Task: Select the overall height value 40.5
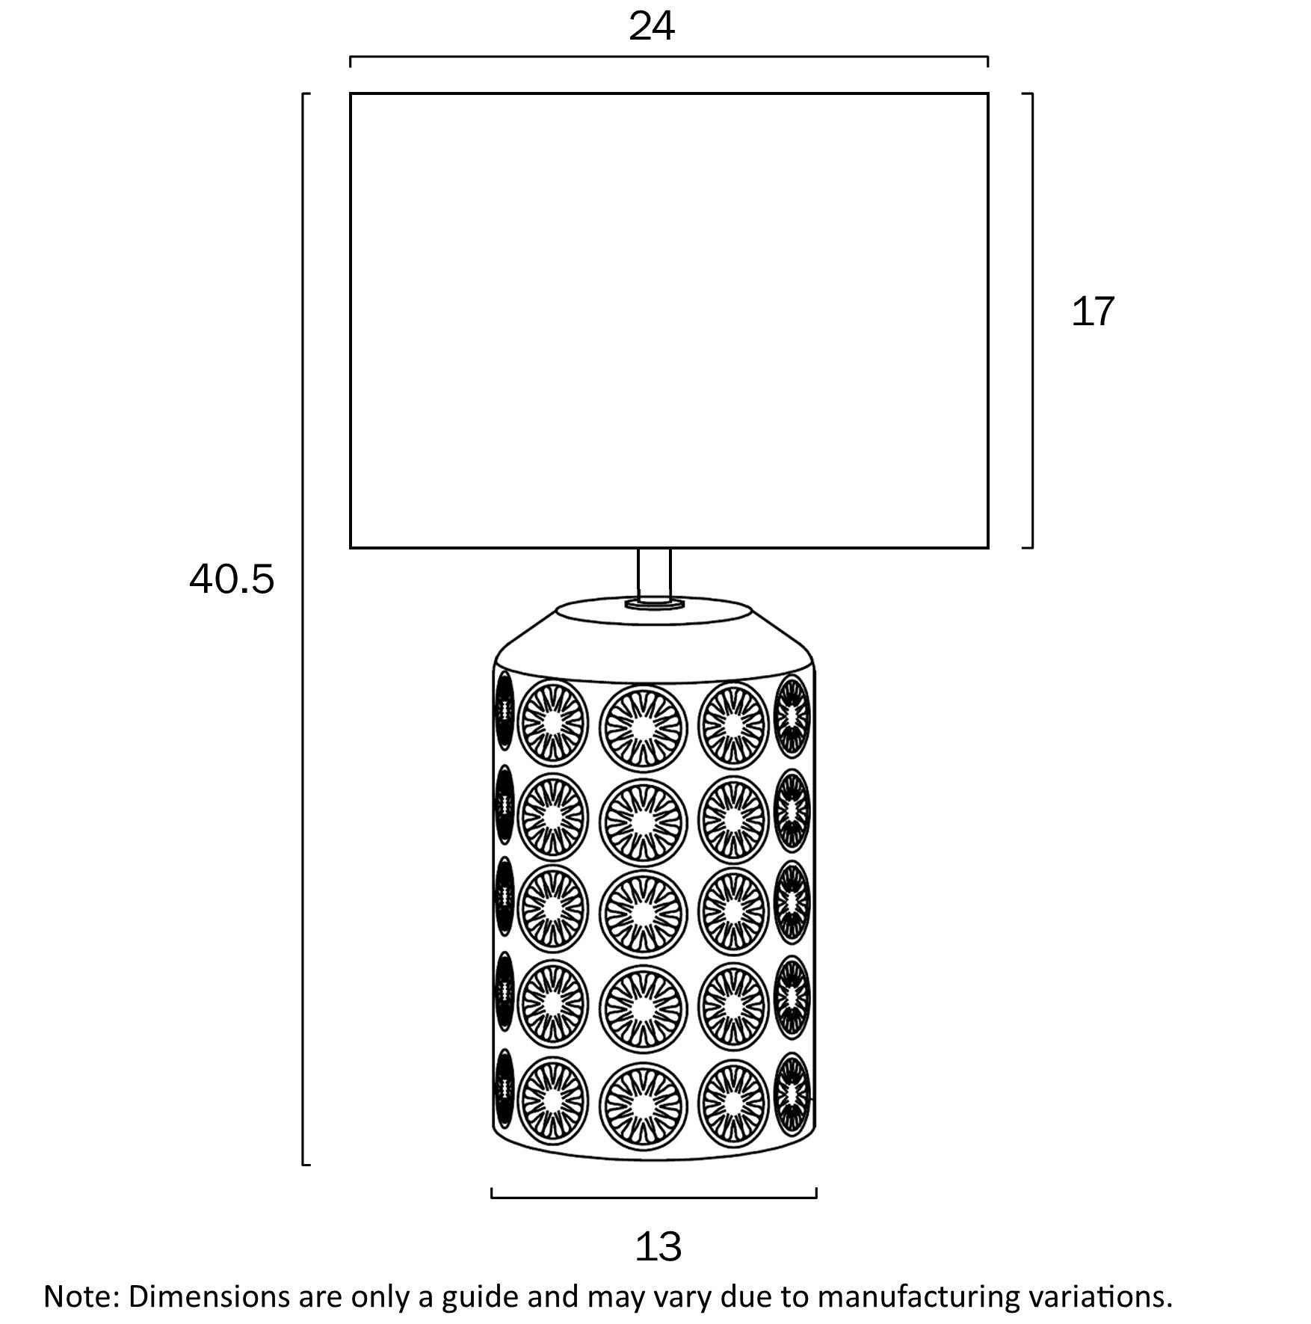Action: [232, 579]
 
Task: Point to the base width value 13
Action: [658, 1247]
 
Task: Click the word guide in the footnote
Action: [481, 1296]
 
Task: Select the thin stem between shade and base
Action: [654, 572]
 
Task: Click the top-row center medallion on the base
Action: [642, 728]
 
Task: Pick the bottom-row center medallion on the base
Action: [642, 1105]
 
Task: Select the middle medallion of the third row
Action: [642, 913]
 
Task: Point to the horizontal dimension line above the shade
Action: [669, 57]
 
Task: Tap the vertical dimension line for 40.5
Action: [303, 628]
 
